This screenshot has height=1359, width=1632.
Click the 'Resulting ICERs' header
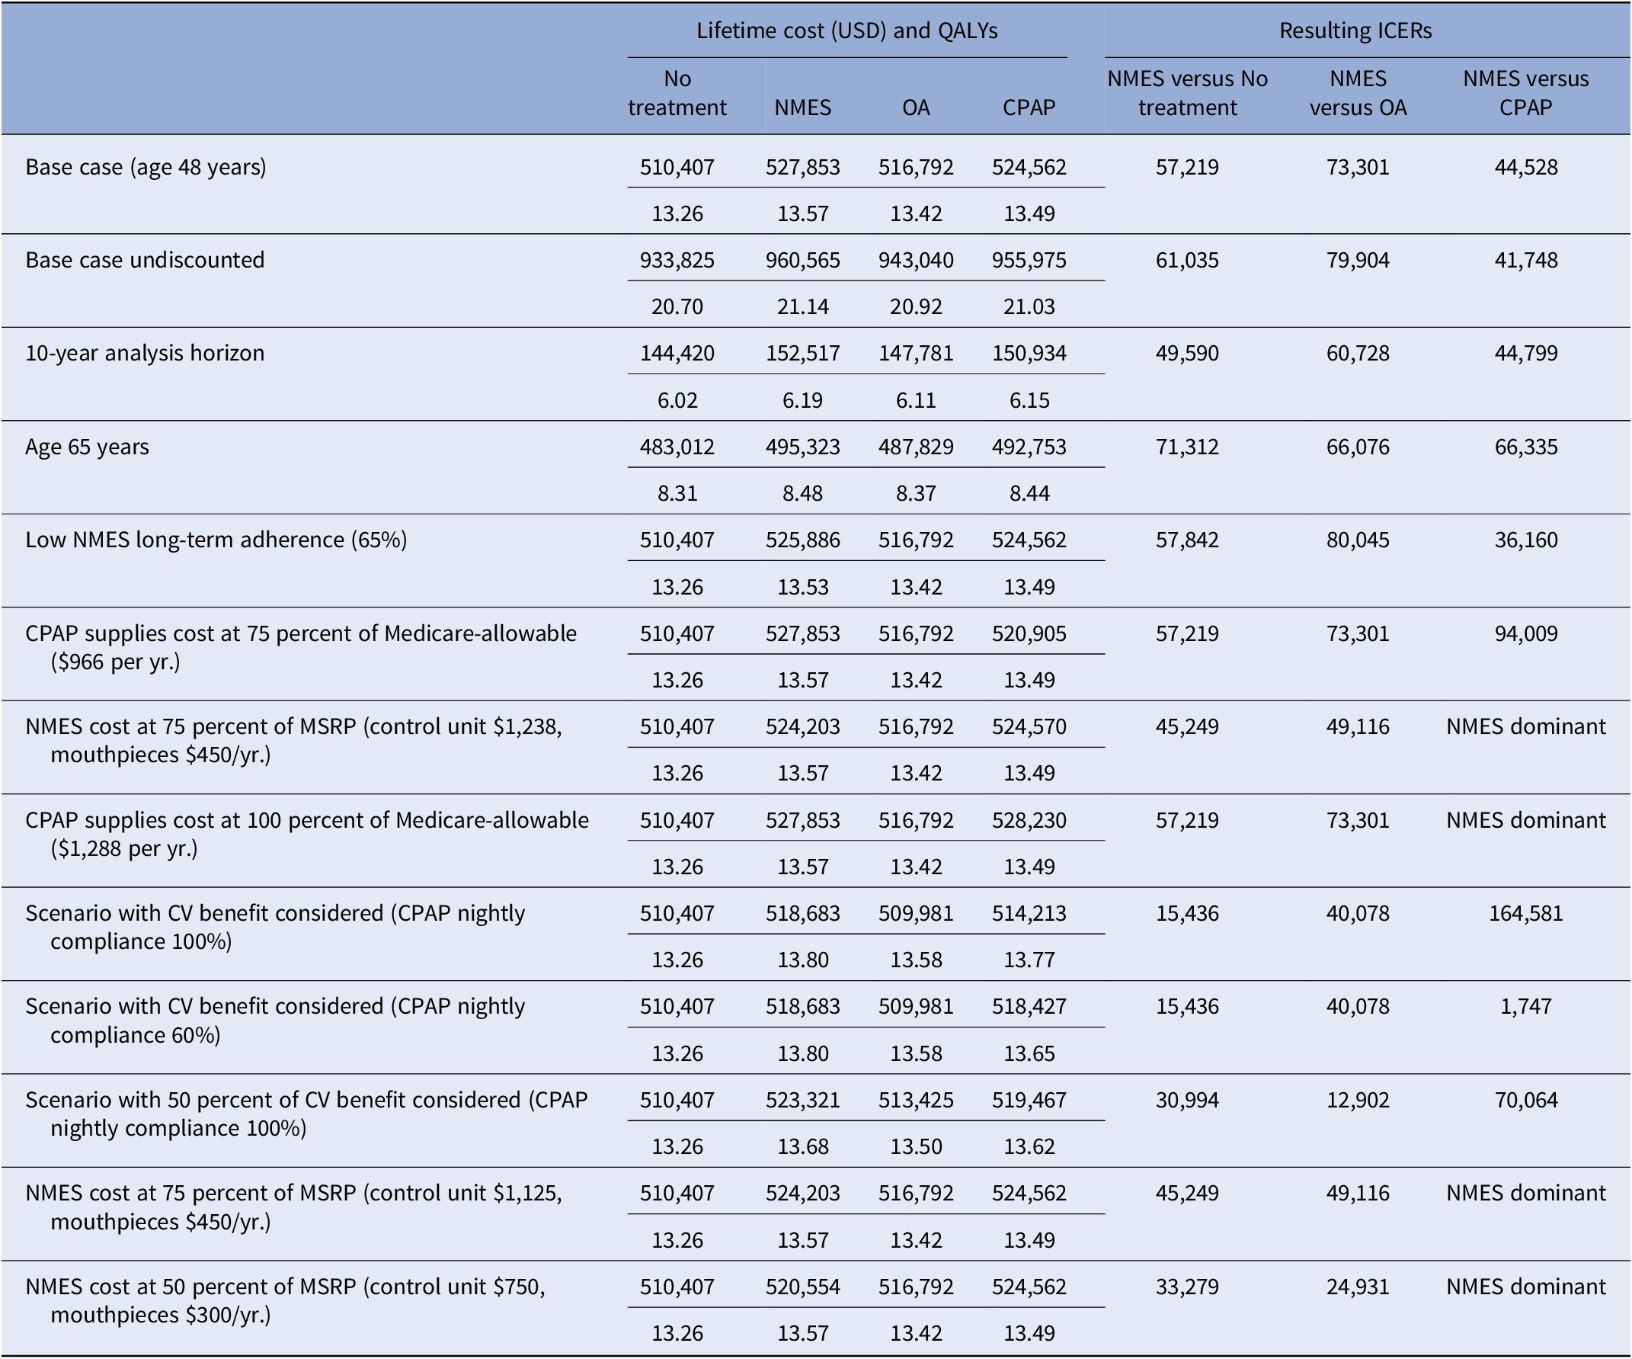click(1355, 30)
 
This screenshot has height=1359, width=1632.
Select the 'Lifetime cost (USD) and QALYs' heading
click(846, 30)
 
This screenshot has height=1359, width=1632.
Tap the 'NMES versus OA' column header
click(1358, 92)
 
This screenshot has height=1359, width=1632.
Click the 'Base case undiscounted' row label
click(145, 260)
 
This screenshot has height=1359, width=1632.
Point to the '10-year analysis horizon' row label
click(145, 353)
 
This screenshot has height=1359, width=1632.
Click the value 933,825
click(677, 260)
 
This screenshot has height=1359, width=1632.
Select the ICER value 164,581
click(1525, 913)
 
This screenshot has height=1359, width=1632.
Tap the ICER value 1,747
click(1525, 1006)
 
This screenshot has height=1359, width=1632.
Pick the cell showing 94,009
click(1525, 633)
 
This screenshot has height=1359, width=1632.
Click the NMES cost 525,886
click(802, 540)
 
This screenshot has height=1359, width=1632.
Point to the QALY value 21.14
click(802, 306)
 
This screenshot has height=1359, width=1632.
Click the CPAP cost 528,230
click(1028, 820)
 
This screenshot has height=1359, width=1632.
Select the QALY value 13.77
click(1028, 960)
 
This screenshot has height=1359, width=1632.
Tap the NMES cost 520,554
click(802, 1287)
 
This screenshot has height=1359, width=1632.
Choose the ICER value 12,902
click(1358, 1100)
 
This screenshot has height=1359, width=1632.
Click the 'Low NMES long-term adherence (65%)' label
click(216, 540)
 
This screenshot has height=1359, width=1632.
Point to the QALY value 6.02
click(677, 400)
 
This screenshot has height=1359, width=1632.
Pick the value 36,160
click(1525, 540)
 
